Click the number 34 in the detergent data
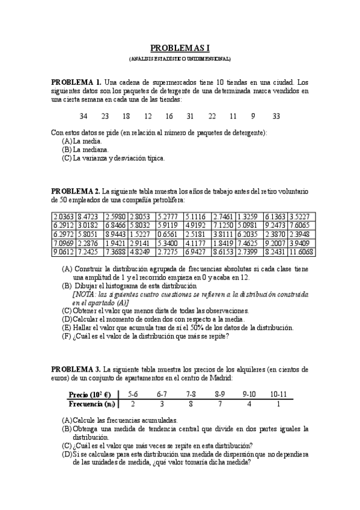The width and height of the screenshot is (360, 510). [83, 116]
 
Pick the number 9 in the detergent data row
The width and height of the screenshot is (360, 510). [253, 116]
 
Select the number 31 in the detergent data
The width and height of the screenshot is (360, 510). [190, 116]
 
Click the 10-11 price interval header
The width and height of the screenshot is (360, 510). [278, 394]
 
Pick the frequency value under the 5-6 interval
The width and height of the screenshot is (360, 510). [132, 404]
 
